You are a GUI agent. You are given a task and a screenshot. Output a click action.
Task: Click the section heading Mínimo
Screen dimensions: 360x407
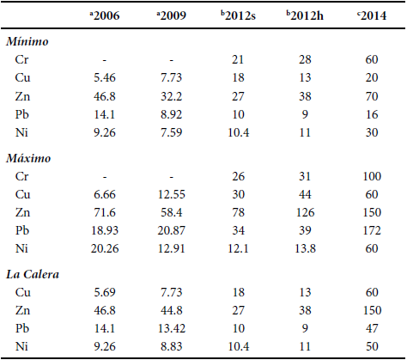(28, 41)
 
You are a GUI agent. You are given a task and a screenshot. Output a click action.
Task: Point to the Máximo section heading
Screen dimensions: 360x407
(29, 160)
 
